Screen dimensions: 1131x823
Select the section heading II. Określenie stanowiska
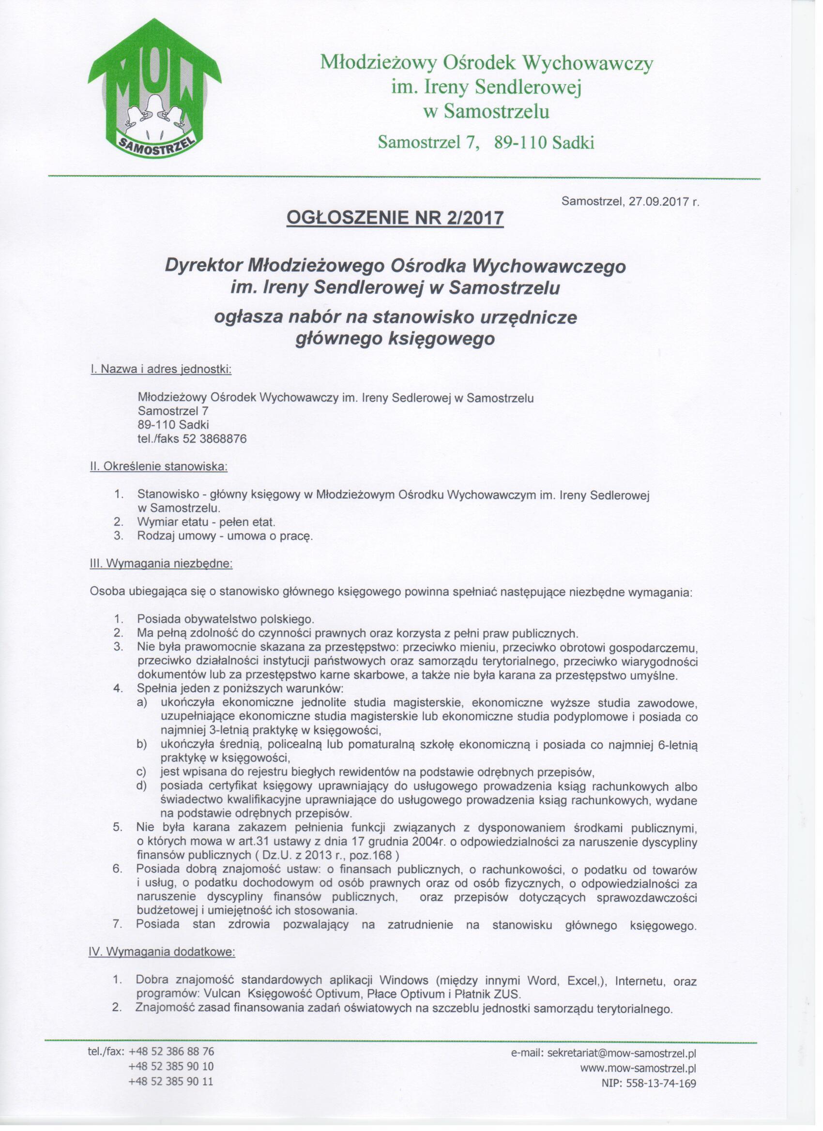[x=158, y=468]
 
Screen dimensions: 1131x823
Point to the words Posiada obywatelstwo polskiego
[x=225, y=620]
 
